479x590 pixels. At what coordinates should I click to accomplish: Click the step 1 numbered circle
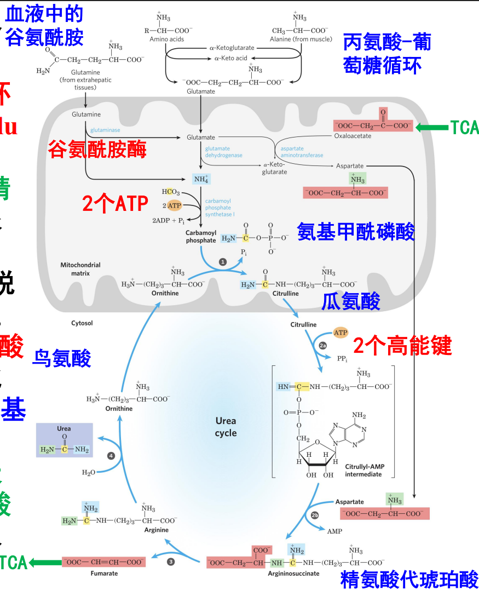(223, 262)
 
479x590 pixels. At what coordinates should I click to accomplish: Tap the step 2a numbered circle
(322, 346)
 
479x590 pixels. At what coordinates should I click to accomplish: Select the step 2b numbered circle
(315, 515)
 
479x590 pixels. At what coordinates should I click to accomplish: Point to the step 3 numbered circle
(171, 562)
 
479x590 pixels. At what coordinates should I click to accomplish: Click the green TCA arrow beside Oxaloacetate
(432, 128)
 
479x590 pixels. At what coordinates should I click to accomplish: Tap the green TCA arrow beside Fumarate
(44, 562)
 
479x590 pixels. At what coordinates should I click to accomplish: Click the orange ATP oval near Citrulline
(341, 333)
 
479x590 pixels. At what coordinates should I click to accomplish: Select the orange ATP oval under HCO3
(174, 205)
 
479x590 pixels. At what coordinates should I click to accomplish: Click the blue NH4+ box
(201, 179)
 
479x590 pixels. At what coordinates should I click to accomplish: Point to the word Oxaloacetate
(353, 136)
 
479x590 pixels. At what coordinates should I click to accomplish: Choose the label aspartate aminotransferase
(302, 152)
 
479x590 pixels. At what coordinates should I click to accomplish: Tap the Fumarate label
(104, 574)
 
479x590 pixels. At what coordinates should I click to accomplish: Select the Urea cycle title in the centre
(226, 427)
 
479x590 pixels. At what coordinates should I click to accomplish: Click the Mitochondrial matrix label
(80, 268)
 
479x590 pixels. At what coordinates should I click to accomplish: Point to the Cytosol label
(82, 323)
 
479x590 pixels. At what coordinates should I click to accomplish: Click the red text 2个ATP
(115, 204)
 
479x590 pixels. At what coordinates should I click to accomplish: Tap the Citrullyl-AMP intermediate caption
(365, 470)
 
